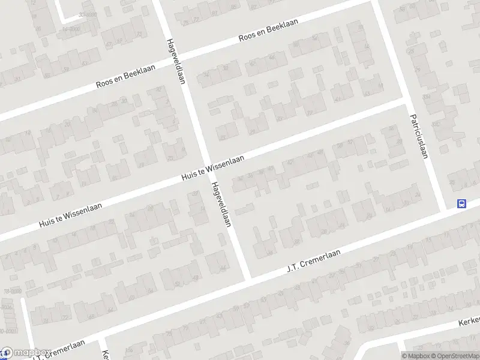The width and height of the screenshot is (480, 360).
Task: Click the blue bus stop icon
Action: [461, 203]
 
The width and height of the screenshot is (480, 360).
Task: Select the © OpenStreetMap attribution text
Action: [454, 356]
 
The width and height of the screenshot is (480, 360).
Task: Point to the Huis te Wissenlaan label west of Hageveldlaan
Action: [70, 214]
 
